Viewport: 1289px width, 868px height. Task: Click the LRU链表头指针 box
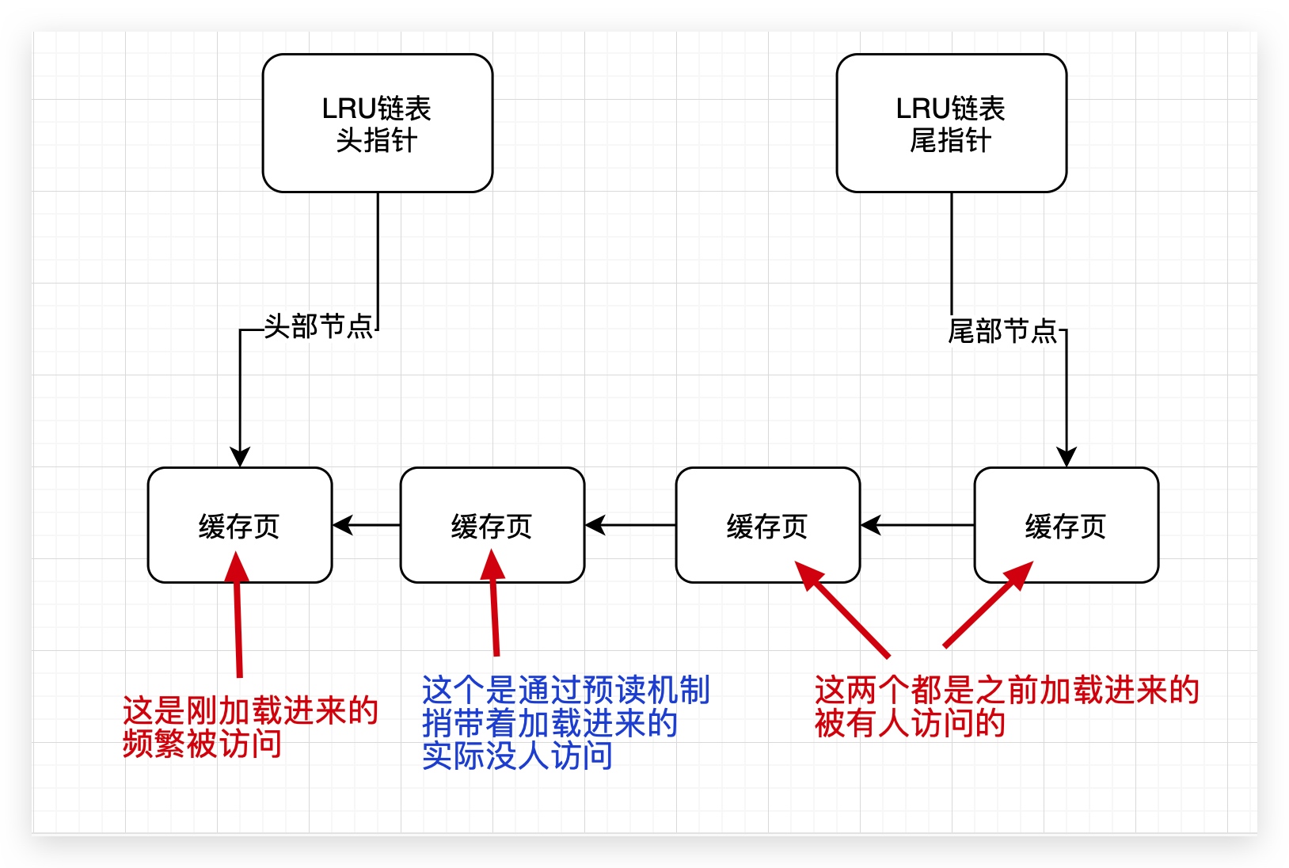(x=377, y=124)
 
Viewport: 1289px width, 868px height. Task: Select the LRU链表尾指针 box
(x=951, y=124)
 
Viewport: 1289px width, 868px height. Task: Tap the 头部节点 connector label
(x=317, y=325)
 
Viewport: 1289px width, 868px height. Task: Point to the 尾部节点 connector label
(x=1002, y=330)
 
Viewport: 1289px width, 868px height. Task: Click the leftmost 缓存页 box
(x=239, y=525)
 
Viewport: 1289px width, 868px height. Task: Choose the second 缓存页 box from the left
(x=492, y=525)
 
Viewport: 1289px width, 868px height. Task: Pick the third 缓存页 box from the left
(x=767, y=525)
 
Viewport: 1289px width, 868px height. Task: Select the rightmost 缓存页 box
(x=1066, y=525)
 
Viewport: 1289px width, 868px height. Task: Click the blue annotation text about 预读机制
(x=565, y=722)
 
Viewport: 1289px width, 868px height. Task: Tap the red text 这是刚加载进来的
(x=250, y=710)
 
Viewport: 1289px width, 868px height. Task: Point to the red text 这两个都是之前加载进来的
(x=1006, y=691)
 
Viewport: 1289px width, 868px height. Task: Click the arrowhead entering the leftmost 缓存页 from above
(x=240, y=457)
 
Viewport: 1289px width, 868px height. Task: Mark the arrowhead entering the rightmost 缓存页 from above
(x=1067, y=457)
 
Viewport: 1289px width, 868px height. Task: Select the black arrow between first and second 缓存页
(x=366, y=525)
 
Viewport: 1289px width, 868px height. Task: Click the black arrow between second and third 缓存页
(x=630, y=525)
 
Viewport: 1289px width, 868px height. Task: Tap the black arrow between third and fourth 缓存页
(x=917, y=525)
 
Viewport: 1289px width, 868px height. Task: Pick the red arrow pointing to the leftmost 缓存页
(x=238, y=618)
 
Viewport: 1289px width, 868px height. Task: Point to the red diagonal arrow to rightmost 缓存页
(x=987, y=606)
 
